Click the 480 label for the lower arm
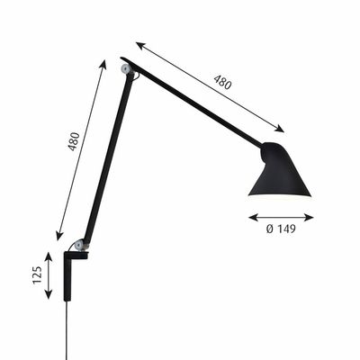tap(74, 141)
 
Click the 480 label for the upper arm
tap(222, 81)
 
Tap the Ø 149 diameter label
tap(281, 229)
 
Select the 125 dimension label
tap(37, 274)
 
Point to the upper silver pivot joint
tap(125, 68)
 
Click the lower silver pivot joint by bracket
tap(80, 244)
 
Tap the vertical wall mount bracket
tap(67, 276)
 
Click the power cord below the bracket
tap(67, 330)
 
